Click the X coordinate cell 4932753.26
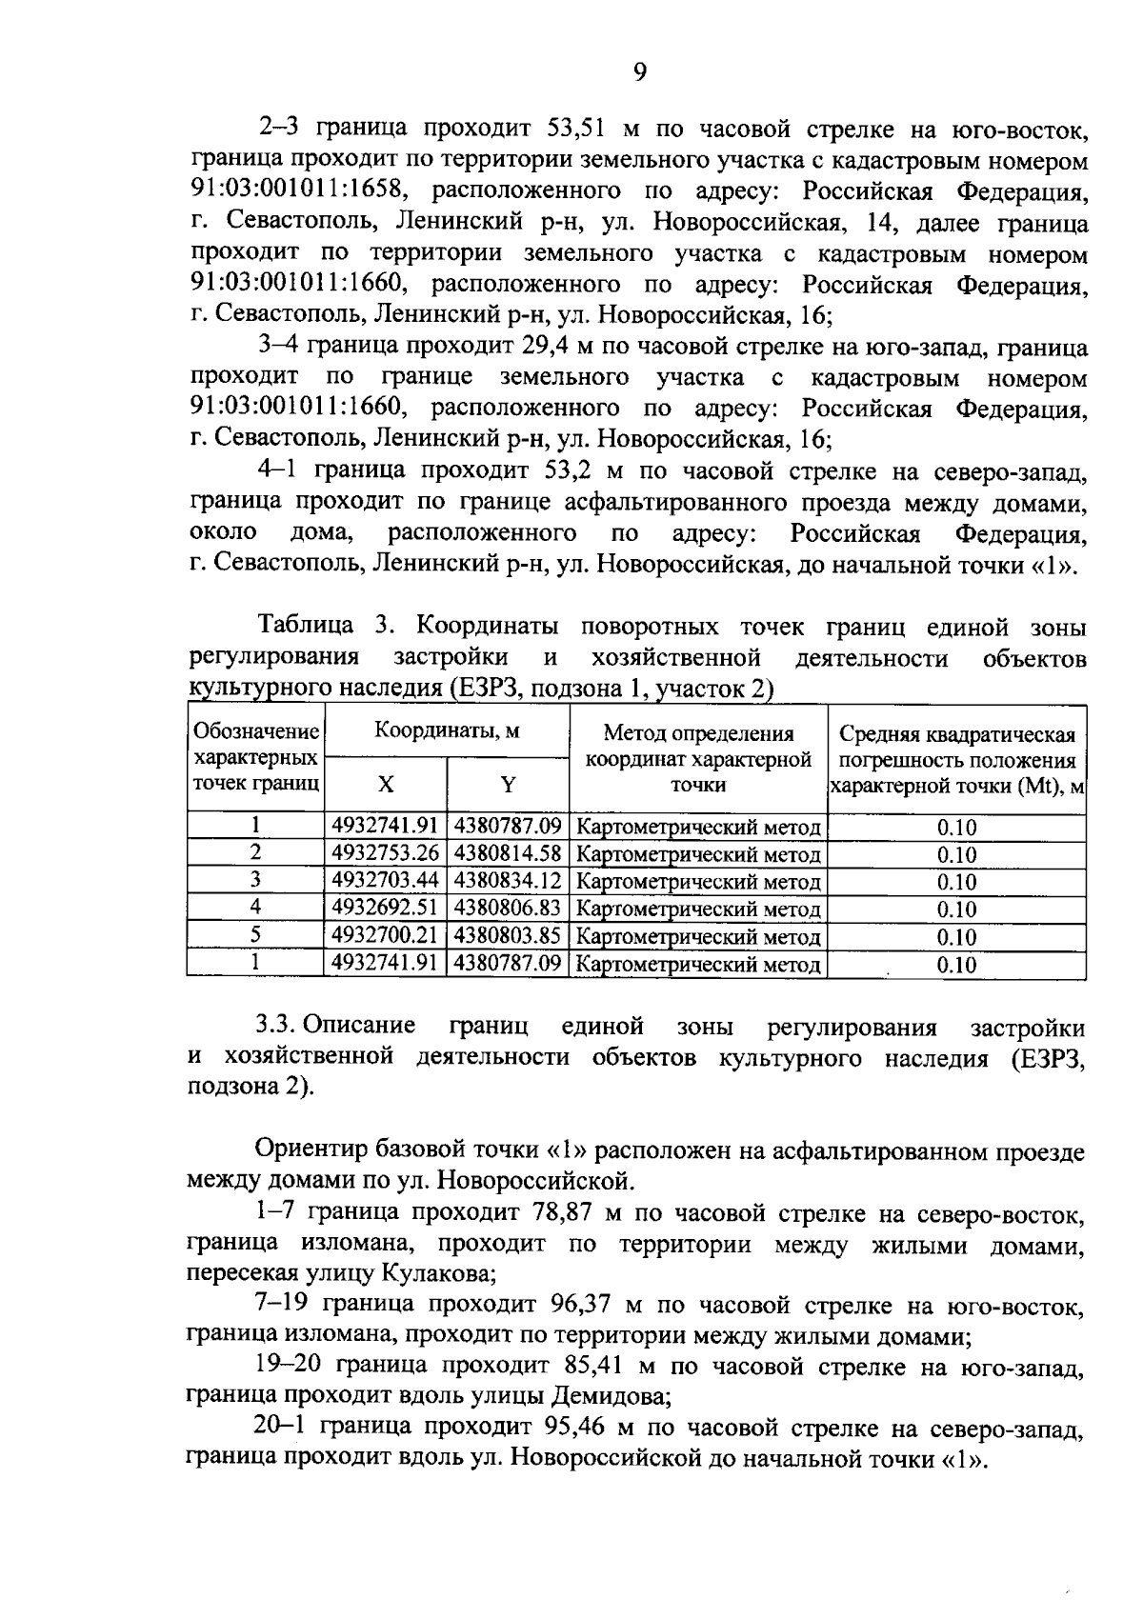(385, 852)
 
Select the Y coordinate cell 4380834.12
(507, 880)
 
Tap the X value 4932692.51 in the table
(385, 908)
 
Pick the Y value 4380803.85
(507, 935)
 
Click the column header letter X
(385, 784)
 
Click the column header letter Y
(508, 784)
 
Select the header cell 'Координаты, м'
(446, 731)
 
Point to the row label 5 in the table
(255, 935)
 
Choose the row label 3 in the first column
(255, 880)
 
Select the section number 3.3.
(278, 1027)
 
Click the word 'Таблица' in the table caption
(306, 627)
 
